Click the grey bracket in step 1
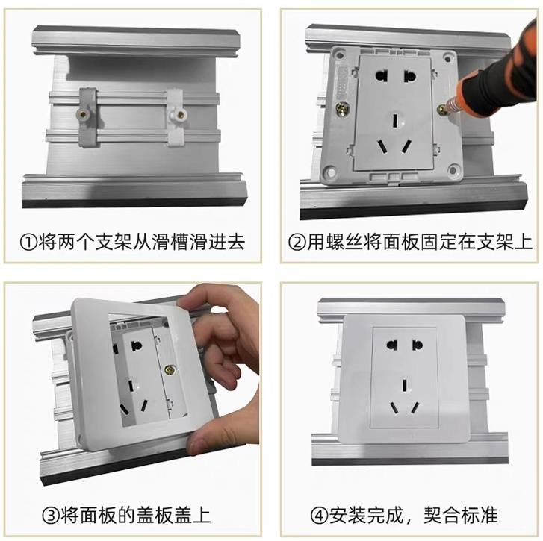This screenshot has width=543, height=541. pos(87,117)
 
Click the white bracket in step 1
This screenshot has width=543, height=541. pos(176,117)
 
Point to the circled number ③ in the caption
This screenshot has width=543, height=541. pos(51,516)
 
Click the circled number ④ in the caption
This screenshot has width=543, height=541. pos(319,516)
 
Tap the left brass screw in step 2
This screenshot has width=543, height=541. pos(343,110)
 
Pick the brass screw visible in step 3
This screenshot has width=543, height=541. pos(170,370)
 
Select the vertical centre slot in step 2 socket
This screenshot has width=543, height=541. pos(395,121)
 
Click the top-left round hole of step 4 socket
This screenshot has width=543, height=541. pos(392,345)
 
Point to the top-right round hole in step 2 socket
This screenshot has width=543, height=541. pos(409,76)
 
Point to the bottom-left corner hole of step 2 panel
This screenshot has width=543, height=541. pos(331,172)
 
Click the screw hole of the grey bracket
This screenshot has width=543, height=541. pos(82,114)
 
